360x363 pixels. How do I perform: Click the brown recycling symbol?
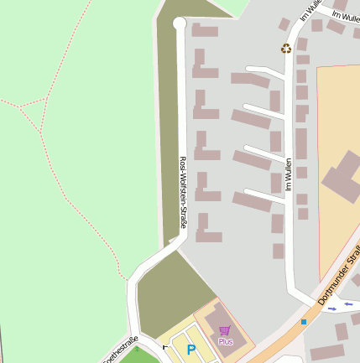(286, 49)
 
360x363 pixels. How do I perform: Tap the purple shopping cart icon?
(224, 330)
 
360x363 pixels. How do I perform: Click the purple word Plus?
(225, 342)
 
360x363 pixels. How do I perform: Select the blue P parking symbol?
(191, 350)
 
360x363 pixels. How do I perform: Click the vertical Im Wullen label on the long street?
(289, 174)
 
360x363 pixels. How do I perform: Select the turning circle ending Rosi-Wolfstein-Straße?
(179, 24)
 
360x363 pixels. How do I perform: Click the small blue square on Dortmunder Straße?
(304, 321)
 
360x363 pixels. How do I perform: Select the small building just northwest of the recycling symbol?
(284, 24)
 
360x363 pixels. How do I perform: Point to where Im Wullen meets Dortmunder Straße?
(305, 302)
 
